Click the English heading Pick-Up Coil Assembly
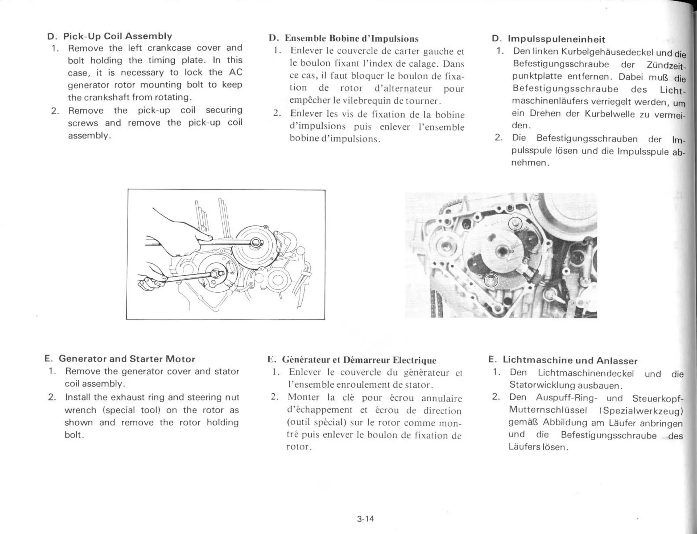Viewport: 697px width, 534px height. click(x=117, y=36)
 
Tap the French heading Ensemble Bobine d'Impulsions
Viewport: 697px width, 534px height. click(x=351, y=38)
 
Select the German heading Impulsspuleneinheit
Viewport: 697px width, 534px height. click(x=556, y=39)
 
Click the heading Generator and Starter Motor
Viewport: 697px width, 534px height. click(x=127, y=359)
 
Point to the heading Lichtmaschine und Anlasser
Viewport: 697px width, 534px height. click(x=570, y=360)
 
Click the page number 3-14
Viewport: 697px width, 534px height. click(x=365, y=519)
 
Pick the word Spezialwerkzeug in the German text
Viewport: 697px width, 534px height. click(x=642, y=411)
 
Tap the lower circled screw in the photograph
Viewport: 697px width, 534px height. click(x=491, y=280)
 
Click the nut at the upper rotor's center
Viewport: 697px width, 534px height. click(x=255, y=243)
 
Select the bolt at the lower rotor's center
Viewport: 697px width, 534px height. click(x=215, y=273)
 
